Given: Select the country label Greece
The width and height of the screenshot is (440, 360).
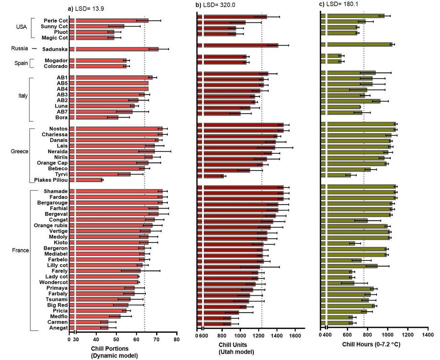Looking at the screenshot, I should (x=20, y=151).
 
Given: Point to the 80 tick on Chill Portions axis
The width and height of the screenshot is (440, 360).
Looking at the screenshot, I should (x=176, y=339).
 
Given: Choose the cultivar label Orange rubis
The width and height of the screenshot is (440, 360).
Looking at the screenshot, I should (x=50, y=225).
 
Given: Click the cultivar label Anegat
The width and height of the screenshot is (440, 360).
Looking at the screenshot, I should (x=58, y=328).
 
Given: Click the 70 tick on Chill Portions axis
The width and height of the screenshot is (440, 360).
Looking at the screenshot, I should (x=156, y=339).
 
